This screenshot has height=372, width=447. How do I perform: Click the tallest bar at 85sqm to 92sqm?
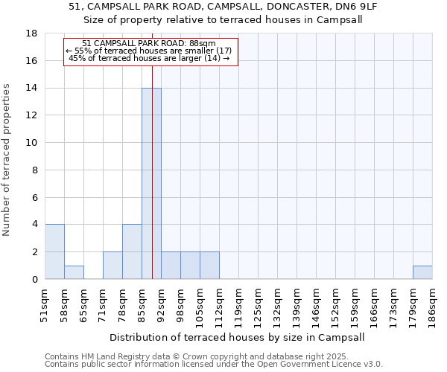[x=151, y=183]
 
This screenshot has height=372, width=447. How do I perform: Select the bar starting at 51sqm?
[x=54, y=251]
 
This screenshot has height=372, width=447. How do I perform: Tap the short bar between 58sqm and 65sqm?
[x=74, y=272]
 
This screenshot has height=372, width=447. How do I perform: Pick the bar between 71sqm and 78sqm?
[x=112, y=265]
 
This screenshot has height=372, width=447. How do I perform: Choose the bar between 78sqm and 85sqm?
[x=132, y=251]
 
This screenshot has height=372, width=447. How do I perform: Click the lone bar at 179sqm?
[x=422, y=272]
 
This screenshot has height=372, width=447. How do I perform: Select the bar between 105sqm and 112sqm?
[x=209, y=265]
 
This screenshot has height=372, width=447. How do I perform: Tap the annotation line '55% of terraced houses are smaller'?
[x=149, y=51]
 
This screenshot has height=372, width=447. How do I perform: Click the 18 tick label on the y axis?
[x=32, y=33]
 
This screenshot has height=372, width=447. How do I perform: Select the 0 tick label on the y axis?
[x=35, y=279]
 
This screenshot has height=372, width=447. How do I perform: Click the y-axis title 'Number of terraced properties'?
[x=7, y=159]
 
